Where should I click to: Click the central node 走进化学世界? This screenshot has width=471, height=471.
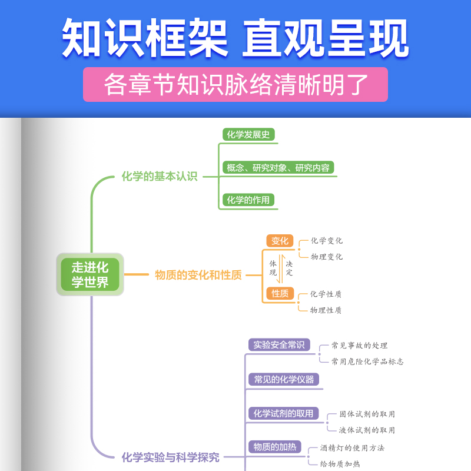coord(90,274)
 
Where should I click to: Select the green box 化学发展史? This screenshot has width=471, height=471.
coord(248,134)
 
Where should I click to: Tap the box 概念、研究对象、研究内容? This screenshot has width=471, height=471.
coord(278,168)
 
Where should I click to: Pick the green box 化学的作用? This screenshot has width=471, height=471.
coord(248,200)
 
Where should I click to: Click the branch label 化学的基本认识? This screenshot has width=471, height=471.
coord(160,176)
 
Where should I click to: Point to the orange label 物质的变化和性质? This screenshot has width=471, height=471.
coord(198,275)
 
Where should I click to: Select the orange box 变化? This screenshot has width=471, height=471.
coord(280,241)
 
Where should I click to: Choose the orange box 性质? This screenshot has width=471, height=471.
coord(280,293)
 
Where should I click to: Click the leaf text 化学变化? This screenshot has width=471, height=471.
coord(327,241)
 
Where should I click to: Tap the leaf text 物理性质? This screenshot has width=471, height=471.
coord(326,310)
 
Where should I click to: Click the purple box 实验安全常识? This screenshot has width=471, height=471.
coord(279,345)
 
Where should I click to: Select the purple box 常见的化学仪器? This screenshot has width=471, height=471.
coord(284,379)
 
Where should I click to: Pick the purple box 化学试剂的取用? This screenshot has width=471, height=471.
coord(283,413)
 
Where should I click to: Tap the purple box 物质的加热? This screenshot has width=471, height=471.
coord(274,447)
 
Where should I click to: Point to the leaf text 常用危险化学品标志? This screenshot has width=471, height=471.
coord(367,361)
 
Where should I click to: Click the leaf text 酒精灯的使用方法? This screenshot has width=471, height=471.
coord(352,448)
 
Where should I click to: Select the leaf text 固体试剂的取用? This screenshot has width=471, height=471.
coord(367,414)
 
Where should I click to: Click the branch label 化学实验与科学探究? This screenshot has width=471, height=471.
coord(171,457)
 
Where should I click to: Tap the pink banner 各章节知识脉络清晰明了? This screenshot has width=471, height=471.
coord(235,85)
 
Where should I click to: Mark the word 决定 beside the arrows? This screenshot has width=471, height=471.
coord(289,268)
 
